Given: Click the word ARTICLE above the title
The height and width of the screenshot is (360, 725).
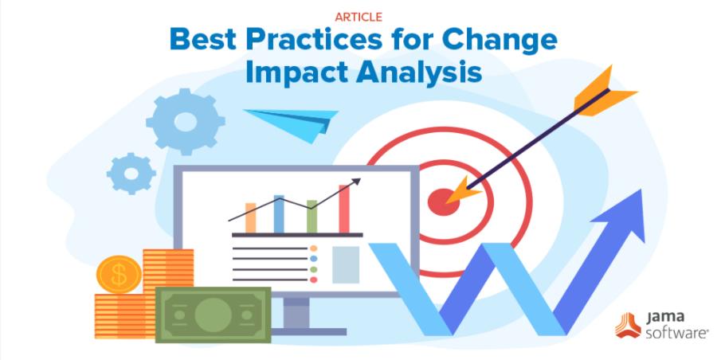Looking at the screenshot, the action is [359, 17].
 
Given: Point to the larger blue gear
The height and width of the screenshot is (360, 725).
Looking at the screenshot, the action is [186, 122].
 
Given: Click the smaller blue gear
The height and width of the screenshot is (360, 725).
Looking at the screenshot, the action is [131, 174].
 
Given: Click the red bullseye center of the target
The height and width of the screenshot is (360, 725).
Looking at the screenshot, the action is [444, 202].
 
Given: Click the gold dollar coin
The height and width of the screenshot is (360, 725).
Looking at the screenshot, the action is [119, 275].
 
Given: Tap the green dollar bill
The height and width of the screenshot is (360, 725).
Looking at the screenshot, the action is [214, 315].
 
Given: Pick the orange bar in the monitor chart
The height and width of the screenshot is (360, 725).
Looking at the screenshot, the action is [251, 217].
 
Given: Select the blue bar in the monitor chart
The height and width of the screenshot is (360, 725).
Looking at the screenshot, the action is [279, 214].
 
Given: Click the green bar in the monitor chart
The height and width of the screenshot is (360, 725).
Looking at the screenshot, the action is [312, 217].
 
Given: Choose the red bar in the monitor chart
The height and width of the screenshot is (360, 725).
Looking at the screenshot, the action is [344, 209].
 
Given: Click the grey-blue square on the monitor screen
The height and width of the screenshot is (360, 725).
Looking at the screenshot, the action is [346, 264].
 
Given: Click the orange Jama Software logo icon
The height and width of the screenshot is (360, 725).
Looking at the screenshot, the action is [628, 325].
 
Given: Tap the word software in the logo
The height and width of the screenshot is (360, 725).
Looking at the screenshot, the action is [676, 334].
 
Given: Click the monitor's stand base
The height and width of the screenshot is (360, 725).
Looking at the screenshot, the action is [309, 331].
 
